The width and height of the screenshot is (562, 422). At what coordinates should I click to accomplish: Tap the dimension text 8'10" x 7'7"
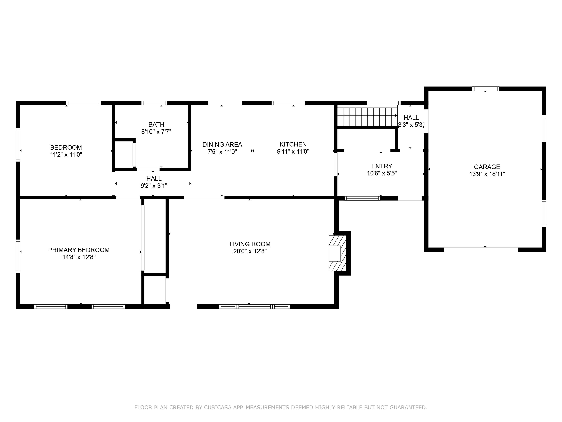(156, 131)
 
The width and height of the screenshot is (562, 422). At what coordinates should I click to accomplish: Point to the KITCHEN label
(293, 144)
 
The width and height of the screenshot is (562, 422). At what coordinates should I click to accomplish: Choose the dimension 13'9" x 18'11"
(487, 174)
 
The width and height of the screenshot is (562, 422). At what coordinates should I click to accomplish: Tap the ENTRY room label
(382, 166)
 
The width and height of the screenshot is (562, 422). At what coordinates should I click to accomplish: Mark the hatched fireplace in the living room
(337, 253)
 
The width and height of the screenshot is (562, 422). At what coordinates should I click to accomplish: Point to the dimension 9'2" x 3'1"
(154, 186)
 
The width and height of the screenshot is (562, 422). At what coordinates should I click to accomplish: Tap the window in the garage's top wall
(486, 89)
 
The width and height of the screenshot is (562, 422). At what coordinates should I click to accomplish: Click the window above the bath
(154, 103)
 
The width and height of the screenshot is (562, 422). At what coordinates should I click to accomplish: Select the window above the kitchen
(288, 103)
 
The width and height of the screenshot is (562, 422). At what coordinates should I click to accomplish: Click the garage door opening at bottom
(481, 249)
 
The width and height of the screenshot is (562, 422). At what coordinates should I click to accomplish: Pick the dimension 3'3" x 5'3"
(411, 125)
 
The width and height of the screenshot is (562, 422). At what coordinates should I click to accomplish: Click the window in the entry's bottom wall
(362, 198)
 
